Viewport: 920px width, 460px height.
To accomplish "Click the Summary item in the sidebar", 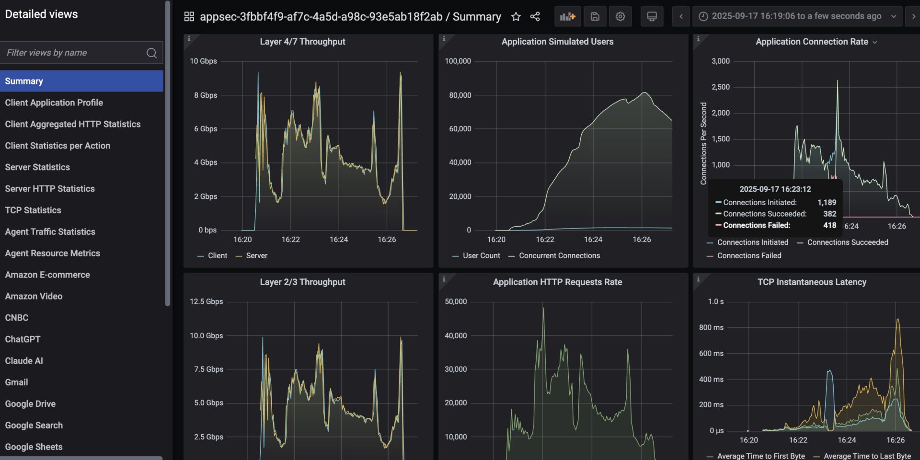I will [x=24, y=81].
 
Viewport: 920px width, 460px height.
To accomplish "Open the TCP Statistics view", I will [x=33, y=210].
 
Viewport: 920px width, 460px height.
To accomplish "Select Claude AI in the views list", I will [x=24, y=360].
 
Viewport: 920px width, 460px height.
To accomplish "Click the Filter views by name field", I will [x=74, y=53].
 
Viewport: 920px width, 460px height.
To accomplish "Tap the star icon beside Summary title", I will [x=516, y=17].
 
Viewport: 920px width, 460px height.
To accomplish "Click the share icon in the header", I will [x=535, y=17].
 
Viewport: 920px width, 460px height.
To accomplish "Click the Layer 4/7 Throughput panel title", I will [x=302, y=42].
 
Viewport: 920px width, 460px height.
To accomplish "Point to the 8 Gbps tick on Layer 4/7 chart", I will [x=205, y=95].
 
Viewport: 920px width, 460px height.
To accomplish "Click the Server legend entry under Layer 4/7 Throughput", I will [x=256, y=255].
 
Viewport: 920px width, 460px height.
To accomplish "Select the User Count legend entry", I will [x=481, y=255].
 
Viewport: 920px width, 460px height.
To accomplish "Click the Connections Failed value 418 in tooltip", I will [x=829, y=225].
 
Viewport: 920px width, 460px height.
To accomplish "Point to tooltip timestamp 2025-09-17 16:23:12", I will [x=775, y=189].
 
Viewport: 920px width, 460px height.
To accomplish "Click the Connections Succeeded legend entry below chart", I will [x=847, y=242].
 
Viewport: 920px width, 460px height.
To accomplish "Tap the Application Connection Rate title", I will [x=812, y=42].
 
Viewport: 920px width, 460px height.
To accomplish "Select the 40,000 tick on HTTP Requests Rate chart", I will [x=455, y=335].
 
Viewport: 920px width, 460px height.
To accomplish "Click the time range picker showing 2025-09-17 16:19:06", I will [x=796, y=16].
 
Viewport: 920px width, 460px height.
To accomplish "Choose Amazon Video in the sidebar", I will [x=34, y=296].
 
